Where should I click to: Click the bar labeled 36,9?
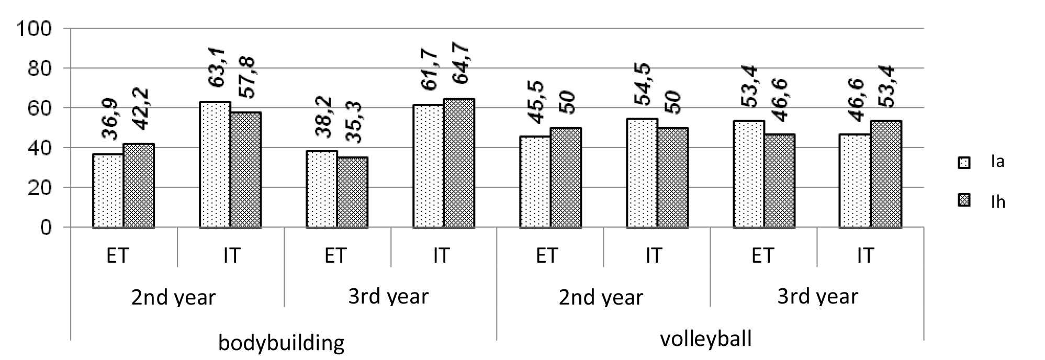[x=108, y=191]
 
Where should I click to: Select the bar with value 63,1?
[x=215, y=165]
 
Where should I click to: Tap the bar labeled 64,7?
[x=459, y=163]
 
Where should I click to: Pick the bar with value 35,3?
[x=352, y=193]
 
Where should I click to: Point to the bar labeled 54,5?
[x=642, y=173]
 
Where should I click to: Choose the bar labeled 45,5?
[x=535, y=182]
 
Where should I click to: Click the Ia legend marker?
[x=963, y=163]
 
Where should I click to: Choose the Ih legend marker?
[x=963, y=201]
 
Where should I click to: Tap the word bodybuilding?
[x=281, y=344]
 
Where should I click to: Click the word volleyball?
[x=705, y=339]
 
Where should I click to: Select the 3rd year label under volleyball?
[x=817, y=297]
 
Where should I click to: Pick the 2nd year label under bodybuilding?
[x=173, y=298]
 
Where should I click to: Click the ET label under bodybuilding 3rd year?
[x=335, y=256]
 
